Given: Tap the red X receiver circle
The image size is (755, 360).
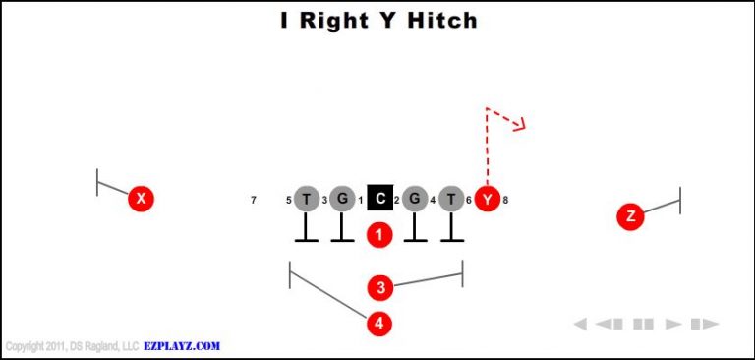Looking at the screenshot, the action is [142, 199].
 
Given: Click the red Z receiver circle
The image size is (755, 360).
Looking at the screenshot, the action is [630, 216].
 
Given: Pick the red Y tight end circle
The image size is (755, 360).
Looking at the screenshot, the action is [487, 199].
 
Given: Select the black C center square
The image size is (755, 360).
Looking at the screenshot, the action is [379, 199].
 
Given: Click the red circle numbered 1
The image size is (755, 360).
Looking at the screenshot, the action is [379, 235].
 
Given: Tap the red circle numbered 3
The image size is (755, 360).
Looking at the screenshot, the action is [379, 287].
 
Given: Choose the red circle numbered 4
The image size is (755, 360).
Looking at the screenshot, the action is [379, 323].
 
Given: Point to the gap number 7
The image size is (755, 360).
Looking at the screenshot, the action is [254, 201].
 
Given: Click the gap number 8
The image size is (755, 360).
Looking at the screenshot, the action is [505, 201].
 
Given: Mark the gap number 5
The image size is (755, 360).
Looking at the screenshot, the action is [289, 201].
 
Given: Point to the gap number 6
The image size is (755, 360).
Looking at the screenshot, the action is [469, 201].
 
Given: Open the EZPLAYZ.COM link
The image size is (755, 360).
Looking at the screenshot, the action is [181, 346].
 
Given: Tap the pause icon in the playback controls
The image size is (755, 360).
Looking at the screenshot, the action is [644, 324].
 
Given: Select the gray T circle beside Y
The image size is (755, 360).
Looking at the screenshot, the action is [451, 199].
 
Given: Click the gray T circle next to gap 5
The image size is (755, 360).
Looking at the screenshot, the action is [307, 199].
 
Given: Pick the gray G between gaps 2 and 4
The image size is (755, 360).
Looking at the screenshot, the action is [415, 199].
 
